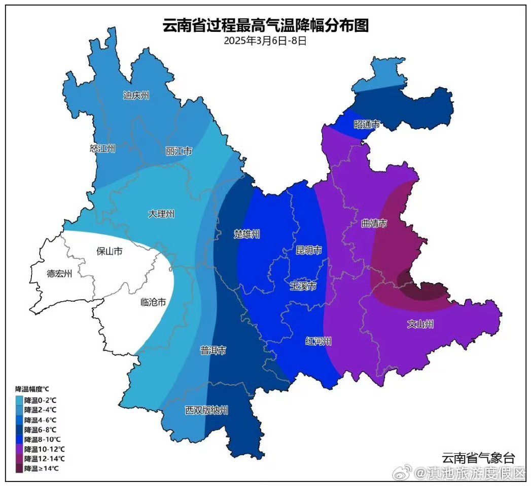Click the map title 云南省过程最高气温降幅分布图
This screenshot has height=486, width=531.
click(265, 25)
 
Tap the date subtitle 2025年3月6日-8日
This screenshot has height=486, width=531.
click(265, 41)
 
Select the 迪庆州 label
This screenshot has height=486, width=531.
click(136, 95)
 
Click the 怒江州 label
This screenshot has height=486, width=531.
click(102, 148)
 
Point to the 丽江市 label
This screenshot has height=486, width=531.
click(179, 151)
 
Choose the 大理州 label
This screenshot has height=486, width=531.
click(161, 214)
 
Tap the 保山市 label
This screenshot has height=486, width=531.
click(109, 251)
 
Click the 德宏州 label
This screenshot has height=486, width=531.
click(59, 274)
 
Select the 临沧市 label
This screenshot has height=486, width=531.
click(153, 303)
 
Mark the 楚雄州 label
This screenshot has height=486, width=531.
click(246, 234)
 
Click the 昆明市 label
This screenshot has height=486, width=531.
click(308, 250)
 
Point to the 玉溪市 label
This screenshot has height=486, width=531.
click(303, 286)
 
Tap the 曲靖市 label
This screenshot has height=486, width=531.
click(374, 223)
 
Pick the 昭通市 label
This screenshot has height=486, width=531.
click(366, 124)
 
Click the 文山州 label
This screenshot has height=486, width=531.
click(420, 324)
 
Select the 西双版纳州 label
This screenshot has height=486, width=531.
click(206, 410)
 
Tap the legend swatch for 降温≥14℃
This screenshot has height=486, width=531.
click(19, 468)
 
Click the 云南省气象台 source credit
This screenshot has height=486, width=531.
click(478, 458)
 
